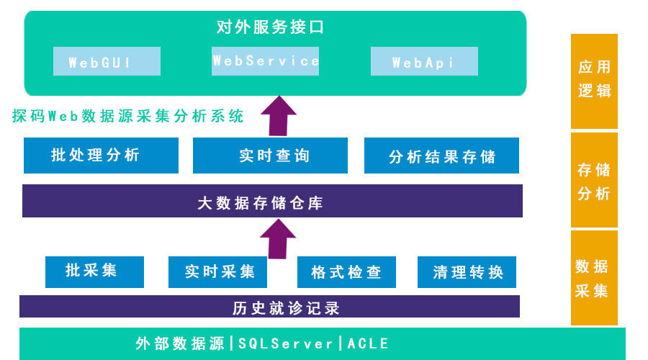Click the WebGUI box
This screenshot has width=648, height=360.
(107, 62)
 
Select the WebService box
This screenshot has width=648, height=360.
(266, 61)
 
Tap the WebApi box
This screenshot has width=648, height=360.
(424, 62)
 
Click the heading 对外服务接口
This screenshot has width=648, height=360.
(271, 27)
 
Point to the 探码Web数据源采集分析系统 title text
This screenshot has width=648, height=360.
(128, 116)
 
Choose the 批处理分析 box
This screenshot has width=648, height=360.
(101, 156)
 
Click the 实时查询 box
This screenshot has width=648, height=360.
(270, 156)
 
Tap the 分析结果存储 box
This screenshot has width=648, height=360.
(441, 156)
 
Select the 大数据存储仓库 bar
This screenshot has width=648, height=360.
(272, 201)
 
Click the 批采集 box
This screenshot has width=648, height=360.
(94, 271)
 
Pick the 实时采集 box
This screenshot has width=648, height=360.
(217, 272)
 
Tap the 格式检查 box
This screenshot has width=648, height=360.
(346, 272)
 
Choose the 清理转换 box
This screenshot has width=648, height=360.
(467, 272)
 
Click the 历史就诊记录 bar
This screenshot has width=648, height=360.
(269, 307)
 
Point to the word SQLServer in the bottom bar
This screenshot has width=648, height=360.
(286, 343)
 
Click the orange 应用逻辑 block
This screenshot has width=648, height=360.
(594, 81)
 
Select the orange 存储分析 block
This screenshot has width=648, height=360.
(594, 180)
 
